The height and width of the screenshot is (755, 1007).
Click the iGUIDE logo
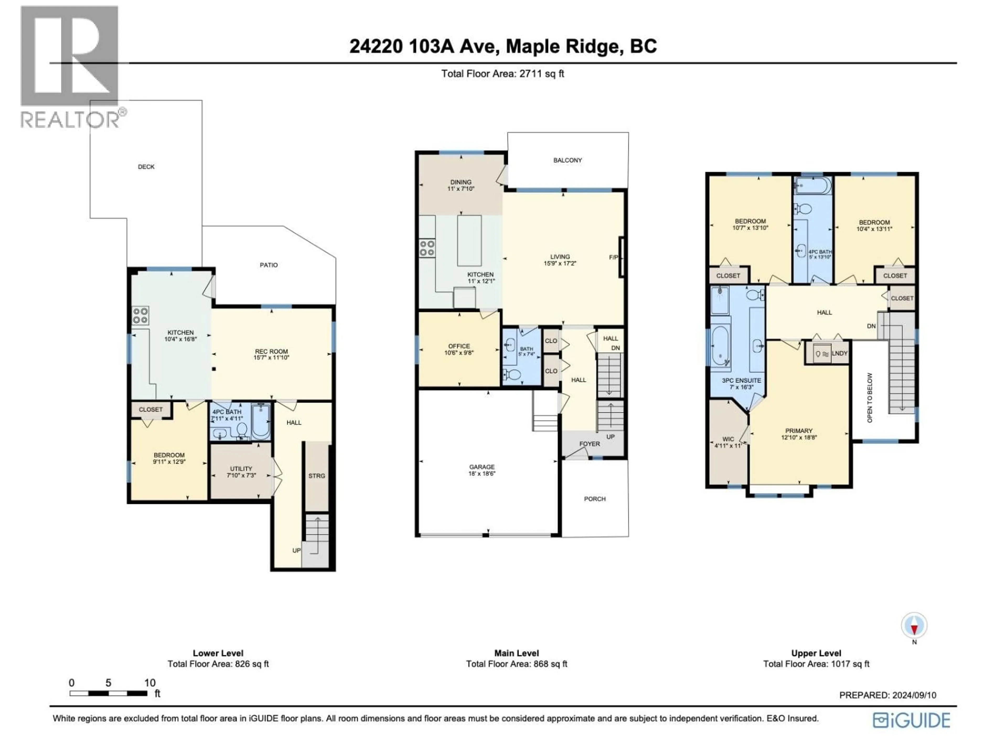tap(911, 720)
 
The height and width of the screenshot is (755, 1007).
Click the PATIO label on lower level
tap(269, 265)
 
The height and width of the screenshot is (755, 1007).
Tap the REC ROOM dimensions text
tap(271, 358)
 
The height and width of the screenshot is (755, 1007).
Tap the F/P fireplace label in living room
tap(613, 258)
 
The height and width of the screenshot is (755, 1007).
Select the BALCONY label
tap(567, 160)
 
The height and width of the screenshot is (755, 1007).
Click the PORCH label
tap(594, 499)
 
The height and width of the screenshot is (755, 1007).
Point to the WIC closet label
tap(728, 439)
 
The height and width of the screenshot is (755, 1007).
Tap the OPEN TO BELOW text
tap(870, 398)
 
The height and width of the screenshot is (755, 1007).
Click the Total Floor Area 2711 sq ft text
tap(503, 74)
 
